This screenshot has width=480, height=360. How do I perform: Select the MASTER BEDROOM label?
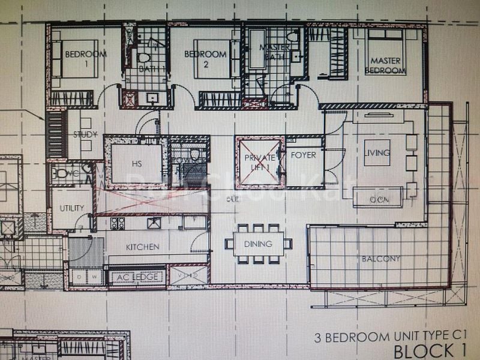(x=385, y=65)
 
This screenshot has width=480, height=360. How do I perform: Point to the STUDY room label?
(x=85, y=134)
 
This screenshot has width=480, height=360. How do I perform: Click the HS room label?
(x=137, y=164)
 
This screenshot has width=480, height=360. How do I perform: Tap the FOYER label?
(x=303, y=155)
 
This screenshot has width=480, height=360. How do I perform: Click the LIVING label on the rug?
(x=377, y=152)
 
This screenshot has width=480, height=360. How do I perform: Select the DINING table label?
(x=258, y=244)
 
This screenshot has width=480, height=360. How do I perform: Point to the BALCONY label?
(x=380, y=259)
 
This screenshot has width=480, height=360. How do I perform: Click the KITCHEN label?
(x=142, y=247)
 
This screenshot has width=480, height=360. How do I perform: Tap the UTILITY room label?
(x=72, y=208)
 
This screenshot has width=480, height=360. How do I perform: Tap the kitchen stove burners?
(x=118, y=223)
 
